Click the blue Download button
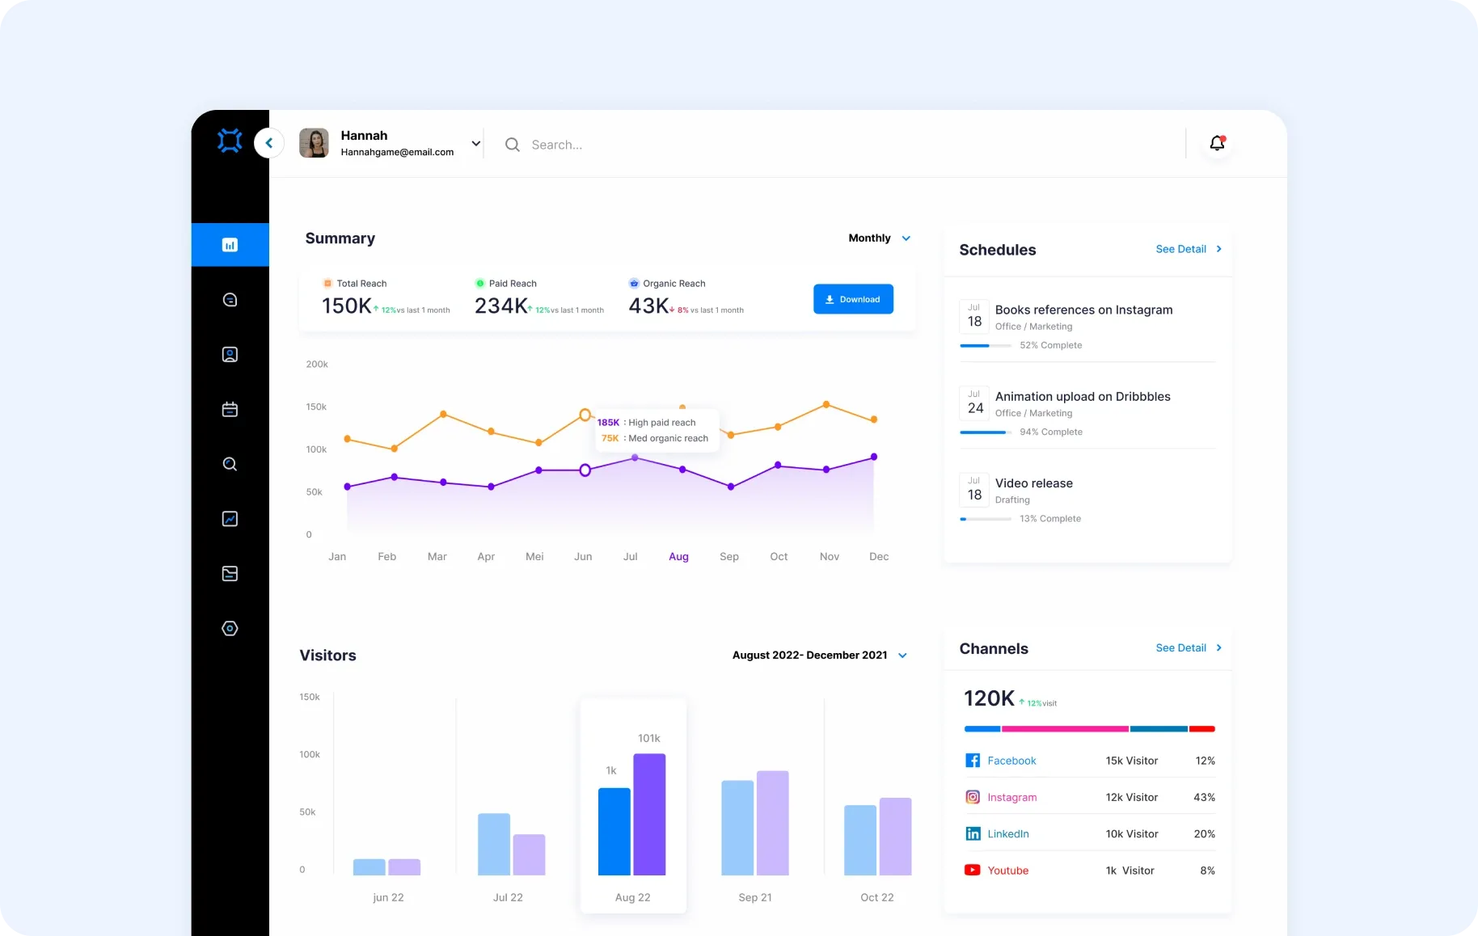coord(853,299)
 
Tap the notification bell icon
coord(1217,143)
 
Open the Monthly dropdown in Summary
coord(879,238)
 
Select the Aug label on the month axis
coord(678,556)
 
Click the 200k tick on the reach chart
coord(317,365)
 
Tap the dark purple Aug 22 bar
coord(649,814)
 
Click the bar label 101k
coord(648,738)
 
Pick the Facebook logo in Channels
coord(973,761)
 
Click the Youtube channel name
coord(1007,871)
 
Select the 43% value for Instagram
coord(1204,797)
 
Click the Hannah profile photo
coord(314,143)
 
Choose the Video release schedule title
coord(1033,483)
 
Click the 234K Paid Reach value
coord(500,306)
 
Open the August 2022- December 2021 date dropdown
coord(819,656)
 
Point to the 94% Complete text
coord(1050,432)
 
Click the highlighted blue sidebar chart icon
coord(230,245)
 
